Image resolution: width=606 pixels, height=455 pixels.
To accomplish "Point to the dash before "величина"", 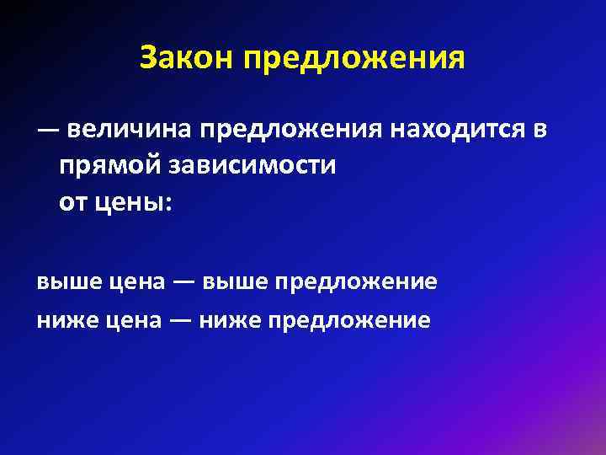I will click(x=47, y=131).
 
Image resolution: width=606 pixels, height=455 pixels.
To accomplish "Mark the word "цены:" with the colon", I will click(x=130, y=204).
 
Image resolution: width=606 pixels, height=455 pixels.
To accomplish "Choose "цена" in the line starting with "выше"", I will click(x=137, y=282).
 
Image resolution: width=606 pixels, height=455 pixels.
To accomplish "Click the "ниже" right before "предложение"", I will click(x=230, y=320).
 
